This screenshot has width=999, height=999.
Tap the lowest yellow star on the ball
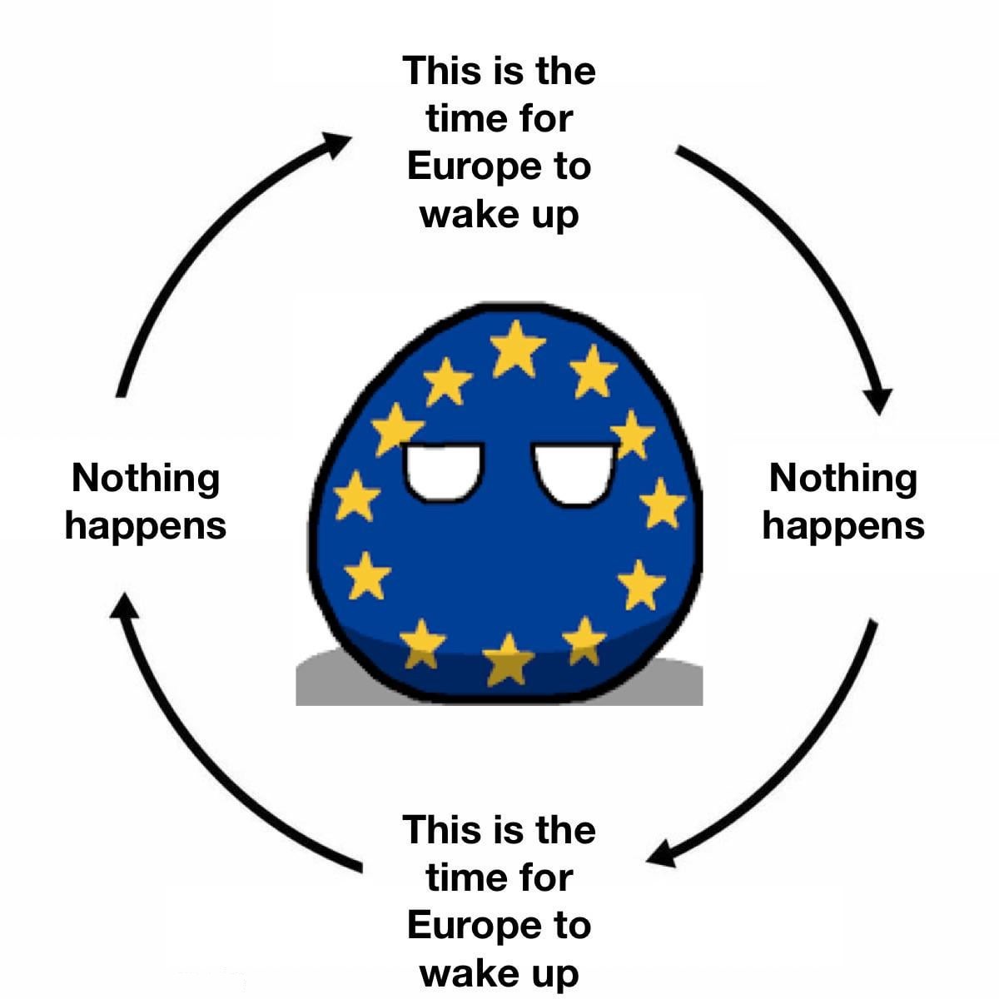click(509, 661)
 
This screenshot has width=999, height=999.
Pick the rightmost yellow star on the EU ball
click(664, 503)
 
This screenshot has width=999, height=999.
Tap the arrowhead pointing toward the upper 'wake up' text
click(337, 143)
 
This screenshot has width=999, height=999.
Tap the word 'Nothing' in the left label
click(146, 479)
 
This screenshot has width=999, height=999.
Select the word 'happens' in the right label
click(843, 527)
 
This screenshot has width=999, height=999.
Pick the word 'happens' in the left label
click(146, 527)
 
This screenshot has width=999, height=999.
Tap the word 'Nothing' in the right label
click(843, 479)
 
